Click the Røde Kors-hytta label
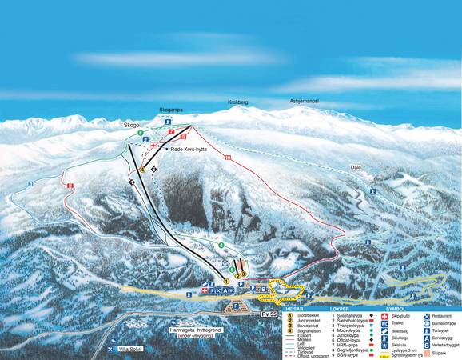point(189,150)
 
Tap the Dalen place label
point(356,166)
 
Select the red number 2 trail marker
point(70,186)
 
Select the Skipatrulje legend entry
point(404,317)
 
